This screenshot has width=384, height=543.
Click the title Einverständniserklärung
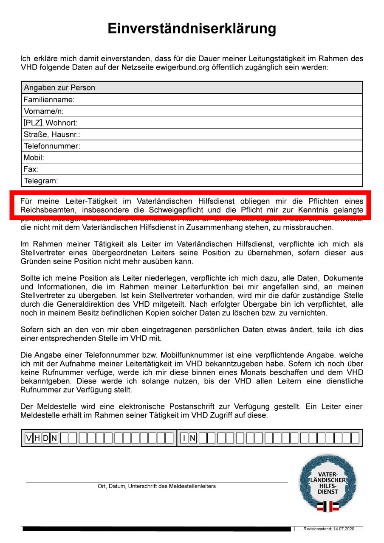[x=192, y=29]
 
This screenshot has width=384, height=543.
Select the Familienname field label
[x=49, y=100]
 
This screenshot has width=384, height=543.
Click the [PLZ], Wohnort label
[x=50, y=123]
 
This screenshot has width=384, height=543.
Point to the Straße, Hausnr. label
[x=52, y=134]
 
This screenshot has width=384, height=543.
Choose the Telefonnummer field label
[x=52, y=146]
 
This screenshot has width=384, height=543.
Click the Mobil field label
[x=34, y=157]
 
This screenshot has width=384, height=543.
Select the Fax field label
[x=31, y=169]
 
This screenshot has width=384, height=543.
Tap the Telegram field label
[x=41, y=181]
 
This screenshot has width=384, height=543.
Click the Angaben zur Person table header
[x=59, y=88]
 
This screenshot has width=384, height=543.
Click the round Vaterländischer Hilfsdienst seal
[x=328, y=483]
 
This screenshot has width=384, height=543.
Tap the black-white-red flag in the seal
[x=328, y=506]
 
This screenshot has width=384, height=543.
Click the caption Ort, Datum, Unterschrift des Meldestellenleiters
[x=157, y=486]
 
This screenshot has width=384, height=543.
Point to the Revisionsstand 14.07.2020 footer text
[x=328, y=529]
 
